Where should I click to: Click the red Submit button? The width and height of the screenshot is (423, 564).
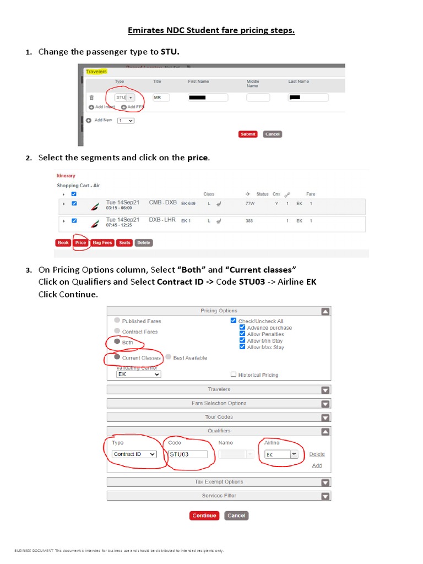point(248,134)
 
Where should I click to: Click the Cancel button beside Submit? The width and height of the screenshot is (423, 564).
point(272,134)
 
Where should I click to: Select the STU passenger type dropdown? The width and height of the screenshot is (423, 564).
point(124,97)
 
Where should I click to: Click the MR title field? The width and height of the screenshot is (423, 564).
point(161,97)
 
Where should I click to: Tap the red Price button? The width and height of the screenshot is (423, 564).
point(80,242)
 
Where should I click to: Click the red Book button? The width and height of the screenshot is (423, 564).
point(63,242)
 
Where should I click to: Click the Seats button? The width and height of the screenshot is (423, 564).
point(124,242)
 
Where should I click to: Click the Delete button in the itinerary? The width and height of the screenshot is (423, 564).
point(143,242)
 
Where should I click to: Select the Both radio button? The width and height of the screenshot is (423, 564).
point(117,342)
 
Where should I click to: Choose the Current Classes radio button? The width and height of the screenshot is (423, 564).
point(117,357)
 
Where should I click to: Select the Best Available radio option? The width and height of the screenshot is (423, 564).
point(168,357)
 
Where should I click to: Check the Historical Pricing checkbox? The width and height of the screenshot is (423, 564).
point(234,375)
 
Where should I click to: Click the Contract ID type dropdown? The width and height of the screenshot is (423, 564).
point(134,454)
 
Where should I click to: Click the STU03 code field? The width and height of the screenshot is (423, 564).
point(188,454)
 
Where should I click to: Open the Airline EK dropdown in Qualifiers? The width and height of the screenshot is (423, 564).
point(281,454)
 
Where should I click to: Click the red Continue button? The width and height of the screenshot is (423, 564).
point(204,516)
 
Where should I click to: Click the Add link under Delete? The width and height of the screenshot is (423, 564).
point(317,465)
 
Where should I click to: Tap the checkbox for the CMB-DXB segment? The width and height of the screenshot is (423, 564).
point(74,203)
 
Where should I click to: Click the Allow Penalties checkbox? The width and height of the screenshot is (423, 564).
point(242,334)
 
